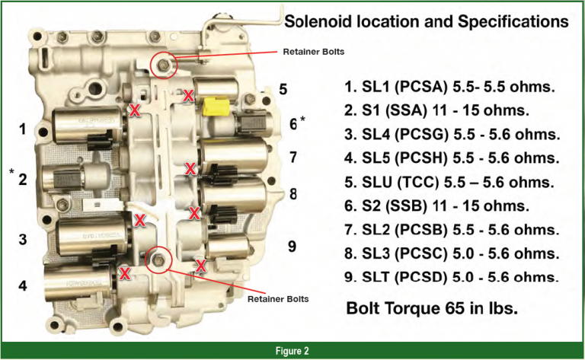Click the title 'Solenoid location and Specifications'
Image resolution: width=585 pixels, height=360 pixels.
tap(426, 22)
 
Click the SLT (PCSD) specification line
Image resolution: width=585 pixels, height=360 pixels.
tap(450, 277)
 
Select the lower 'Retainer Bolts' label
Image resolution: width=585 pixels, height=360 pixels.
tap(279, 299)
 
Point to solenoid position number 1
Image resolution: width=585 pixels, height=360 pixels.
tap(23, 130)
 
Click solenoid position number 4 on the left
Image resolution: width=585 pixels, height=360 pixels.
tap(23, 286)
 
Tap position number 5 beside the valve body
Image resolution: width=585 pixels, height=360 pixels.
tap(283, 89)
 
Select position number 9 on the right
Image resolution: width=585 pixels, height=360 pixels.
tap(292, 247)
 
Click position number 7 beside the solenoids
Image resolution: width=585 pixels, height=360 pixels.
tap(292, 158)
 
